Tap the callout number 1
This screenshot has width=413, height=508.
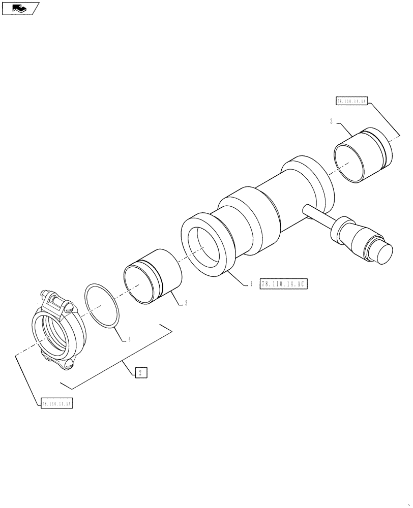pos(251,284)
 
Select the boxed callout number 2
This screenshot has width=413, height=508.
pos(141,373)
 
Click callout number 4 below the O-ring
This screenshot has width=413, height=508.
pos(129,339)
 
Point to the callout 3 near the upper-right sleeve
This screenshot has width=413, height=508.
pos(331,121)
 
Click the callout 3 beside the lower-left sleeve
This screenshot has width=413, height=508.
pos(186,303)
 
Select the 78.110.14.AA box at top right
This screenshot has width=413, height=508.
pos(352,102)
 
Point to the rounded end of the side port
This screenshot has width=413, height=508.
pos(383,252)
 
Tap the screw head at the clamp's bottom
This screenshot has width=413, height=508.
pos(69,364)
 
